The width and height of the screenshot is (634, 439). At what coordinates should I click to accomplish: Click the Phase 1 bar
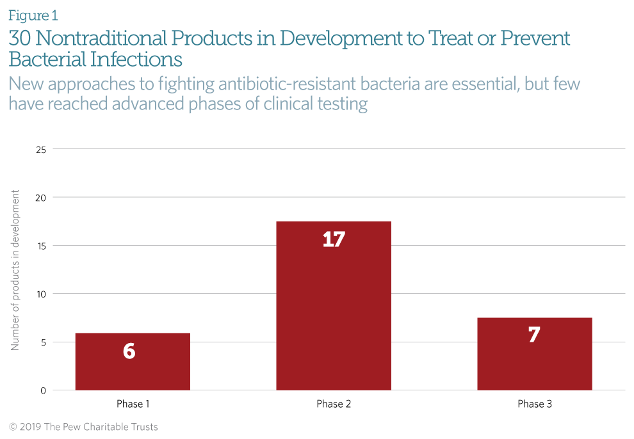coord(133,362)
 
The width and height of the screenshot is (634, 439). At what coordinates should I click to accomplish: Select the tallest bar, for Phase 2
coord(334,306)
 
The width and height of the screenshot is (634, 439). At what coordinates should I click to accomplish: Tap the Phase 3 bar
coord(535,354)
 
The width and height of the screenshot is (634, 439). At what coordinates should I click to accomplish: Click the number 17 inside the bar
coord(334,239)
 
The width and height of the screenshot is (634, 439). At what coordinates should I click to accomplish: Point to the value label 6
coord(129,351)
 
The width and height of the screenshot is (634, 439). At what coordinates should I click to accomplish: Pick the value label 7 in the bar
coord(533,335)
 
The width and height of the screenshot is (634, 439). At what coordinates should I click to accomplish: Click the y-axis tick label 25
coord(41,150)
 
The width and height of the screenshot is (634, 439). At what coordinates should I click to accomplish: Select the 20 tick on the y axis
coord(41,198)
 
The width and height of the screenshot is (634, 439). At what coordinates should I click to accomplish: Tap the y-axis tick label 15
coord(41,246)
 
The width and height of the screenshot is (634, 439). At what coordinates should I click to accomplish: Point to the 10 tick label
coord(41,294)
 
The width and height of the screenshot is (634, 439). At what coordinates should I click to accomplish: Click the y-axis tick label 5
coord(44,342)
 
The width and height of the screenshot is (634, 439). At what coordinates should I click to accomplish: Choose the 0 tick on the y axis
coord(44,390)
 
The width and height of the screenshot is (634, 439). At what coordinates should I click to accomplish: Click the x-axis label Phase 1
coord(133,404)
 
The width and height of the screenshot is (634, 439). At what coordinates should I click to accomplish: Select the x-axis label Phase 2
coord(334,404)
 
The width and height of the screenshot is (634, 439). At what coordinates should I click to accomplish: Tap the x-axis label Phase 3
coord(535,404)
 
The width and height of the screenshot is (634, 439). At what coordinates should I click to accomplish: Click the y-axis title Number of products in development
coord(15,270)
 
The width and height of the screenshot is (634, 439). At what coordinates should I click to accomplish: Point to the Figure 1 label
coord(33,15)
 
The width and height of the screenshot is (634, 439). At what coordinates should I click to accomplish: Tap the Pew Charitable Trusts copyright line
coord(83,427)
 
